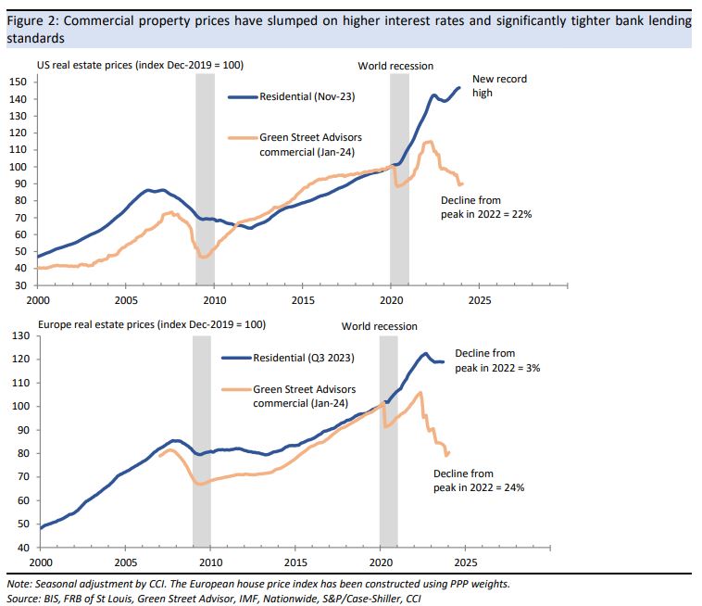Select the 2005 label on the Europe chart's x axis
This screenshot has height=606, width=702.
(x=125, y=562)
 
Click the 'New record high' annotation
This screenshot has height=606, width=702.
(x=499, y=86)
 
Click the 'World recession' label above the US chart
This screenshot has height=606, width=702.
(x=395, y=66)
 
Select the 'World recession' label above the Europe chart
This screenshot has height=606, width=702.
(x=379, y=326)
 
